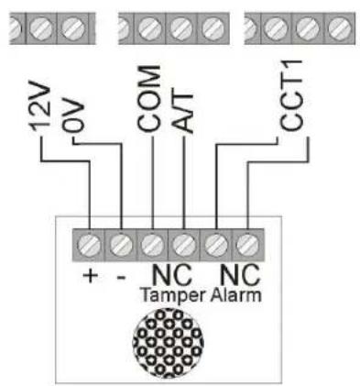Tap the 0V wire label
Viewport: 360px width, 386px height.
[79, 118]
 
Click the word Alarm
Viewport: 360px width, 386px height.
[234, 295]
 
